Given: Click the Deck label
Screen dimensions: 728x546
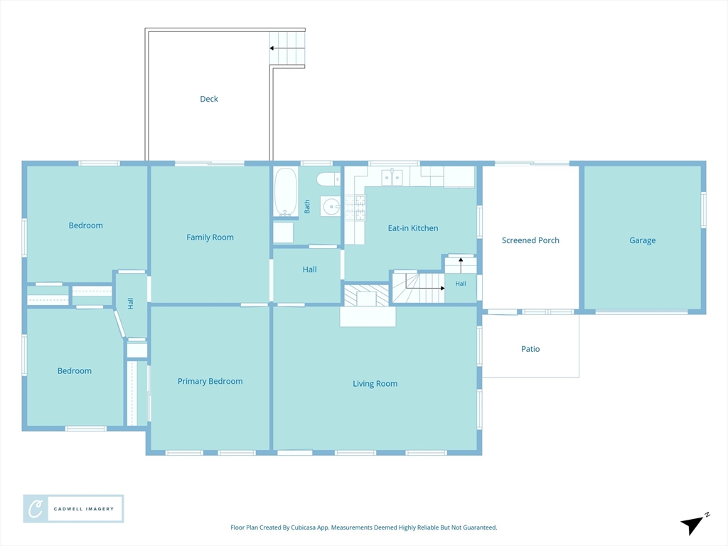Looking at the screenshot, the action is pyautogui.click(x=209, y=99).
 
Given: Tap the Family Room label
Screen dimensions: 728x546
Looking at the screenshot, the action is pyautogui.click(x=210, y=237).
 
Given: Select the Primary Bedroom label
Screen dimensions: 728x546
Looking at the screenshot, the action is pyautogui.click(x=210, y=381).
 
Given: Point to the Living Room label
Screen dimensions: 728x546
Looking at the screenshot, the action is pyautogui.click(x=375, y=383).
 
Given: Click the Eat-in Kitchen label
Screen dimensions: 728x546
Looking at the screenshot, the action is pyautogui.click(x=413, y=228).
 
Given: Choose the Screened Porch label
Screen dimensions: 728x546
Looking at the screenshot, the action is pyautogui.click(x=530, y=240).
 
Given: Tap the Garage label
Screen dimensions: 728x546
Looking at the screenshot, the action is pyautogui.click(x=643, y=240).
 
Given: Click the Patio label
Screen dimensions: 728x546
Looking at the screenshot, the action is pyautogui.click(x=530, y=348).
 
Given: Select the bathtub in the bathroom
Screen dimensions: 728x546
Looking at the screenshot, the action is pyautogui.click(x=286, y=192).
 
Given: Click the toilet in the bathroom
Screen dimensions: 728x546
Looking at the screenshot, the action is pyautogui.click(x=328, y=178).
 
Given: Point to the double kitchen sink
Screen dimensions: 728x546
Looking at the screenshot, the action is pyautogui.click(x=392, y=177).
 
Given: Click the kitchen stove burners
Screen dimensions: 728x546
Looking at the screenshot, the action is pyautogui.click(x=355, y=207).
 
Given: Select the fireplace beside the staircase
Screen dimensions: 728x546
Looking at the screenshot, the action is pyautogui.click(x=366, y=295).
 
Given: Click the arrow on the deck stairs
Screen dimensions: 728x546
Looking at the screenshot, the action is pyautogui.click(x=287, y=48).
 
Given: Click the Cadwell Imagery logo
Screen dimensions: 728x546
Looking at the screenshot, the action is pyautogui.click(x=73, y=509).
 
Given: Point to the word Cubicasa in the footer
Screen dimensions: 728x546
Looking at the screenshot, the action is pyautogui.click(x=304, y=528).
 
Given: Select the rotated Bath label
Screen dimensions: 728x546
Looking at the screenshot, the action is pyautogui.click(x=307, y=207).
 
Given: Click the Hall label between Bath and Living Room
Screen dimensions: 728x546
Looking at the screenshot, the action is pyautogui.click(x=310, y=269).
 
